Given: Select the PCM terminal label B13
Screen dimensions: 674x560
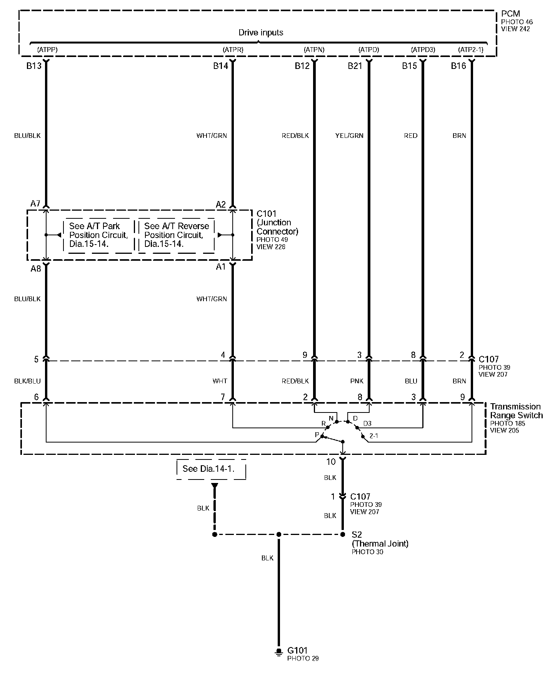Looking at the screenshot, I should pos(34,66).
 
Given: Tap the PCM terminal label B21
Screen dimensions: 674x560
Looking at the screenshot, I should pos(355,66).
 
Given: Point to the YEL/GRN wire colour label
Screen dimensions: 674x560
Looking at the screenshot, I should pos(349,136).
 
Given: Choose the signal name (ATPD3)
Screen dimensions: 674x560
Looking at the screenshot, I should pos(423,50).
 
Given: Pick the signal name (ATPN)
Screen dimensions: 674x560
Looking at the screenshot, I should pos(314,50).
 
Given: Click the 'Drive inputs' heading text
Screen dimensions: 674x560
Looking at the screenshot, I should pos(261,33).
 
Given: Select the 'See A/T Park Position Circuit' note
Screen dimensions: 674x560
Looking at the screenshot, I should pos(98,235).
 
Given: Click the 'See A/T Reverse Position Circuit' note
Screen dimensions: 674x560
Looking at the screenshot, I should pos(177,235).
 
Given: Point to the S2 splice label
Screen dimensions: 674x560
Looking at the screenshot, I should pos(357,535).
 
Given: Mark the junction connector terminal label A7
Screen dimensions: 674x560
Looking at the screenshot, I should pos(35,203).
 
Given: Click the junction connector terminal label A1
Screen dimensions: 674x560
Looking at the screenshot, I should pos(221,267).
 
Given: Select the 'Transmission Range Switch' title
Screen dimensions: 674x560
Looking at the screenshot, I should pos(516,411).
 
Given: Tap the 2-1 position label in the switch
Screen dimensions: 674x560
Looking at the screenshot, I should pos(373,436).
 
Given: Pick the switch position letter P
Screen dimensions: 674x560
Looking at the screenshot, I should pos(317,435).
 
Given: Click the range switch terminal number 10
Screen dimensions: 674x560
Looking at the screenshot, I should pos(331,461).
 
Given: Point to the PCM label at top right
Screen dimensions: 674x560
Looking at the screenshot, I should pos(510,14).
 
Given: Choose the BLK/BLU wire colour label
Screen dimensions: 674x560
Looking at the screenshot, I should pos(27,381).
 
